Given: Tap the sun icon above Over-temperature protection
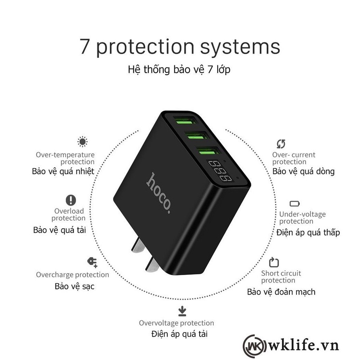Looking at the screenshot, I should [x=82, y=141].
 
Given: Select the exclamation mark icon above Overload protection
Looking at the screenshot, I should [x=71, y=200].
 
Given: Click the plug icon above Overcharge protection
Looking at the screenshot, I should [x=92, y=262].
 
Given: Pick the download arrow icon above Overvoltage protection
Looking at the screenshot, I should [x=182, y=311].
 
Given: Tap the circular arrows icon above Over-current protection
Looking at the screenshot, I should [x=281, y=144].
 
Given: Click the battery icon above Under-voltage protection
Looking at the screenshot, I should [x=295, y=204].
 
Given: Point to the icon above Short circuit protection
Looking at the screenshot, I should [x=274, y=262].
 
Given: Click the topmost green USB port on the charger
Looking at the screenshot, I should [x=185, y=121].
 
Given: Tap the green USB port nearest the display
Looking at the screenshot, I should [x=208, y=152].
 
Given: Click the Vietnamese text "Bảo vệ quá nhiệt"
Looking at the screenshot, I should [x=63, y=171].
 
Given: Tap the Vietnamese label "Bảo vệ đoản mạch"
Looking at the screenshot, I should [x=281, y=292].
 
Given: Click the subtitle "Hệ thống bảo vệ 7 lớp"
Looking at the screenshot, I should [x=179, y=69].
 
